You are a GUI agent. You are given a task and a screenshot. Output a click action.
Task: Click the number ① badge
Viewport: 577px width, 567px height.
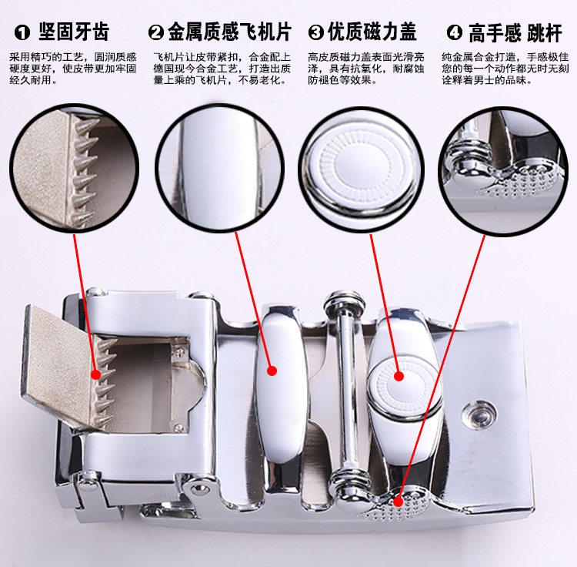coord(22,32)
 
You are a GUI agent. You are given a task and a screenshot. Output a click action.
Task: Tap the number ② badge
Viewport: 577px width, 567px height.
coord(156,32)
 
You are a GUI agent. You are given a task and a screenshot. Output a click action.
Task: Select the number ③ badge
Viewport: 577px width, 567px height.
coord(315,32)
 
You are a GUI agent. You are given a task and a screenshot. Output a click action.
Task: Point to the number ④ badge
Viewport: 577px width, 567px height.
coord(455,32)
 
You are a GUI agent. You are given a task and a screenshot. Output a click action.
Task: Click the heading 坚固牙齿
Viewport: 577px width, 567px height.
coord(74,32)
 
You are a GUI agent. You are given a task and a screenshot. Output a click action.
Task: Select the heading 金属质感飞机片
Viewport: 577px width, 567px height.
coord(229,32)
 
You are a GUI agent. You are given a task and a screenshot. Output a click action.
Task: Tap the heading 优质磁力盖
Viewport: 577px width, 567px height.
coord(372,32)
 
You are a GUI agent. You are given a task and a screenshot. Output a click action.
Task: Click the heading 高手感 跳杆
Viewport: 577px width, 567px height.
coord(515,33)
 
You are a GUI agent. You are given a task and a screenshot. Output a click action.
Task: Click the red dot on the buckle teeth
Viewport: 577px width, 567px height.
coord(95,374)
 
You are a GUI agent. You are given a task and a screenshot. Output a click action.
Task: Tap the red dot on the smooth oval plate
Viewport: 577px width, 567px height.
coord(272,371)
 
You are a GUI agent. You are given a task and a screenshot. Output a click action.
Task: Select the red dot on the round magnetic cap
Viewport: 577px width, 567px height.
coord(399,376)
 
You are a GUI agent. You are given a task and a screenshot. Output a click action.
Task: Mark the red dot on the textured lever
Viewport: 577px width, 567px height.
coord(398,502)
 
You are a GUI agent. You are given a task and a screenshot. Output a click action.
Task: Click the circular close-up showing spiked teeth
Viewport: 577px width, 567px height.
coord(74,169)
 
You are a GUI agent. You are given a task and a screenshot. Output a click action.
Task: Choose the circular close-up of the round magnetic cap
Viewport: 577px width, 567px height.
coord(362,169)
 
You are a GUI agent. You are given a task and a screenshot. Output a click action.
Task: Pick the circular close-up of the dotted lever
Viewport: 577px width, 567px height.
coord(503,171)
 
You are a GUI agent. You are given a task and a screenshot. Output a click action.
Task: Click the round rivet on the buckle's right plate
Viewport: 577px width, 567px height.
coord(479,414)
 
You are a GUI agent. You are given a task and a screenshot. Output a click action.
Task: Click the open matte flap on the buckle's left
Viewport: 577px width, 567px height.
coord(59,368)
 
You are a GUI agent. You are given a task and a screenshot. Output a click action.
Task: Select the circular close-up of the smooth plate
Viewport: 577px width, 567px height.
coord(220,168)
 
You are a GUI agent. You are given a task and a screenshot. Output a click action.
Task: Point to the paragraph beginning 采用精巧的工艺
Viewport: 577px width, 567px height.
coord(73,69)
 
